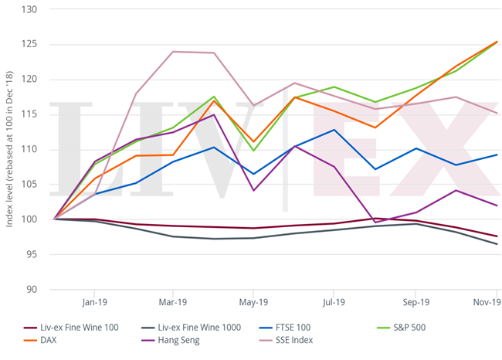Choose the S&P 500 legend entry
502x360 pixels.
pyautogui.click(x=407, y=328)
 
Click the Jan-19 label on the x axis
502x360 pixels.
pyautogui.click(x=93, y=303)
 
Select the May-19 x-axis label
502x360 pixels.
pyautogui.click(x=253, y=303)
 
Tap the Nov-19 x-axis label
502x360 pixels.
pyautogui.click(x=487, y=303)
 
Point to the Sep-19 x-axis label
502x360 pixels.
pyautogui.click(x=416, y=303)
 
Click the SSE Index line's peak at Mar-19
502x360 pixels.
pyautogui.click(x=173, y=52)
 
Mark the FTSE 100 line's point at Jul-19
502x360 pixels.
pyautogui.click(x=334, y=130)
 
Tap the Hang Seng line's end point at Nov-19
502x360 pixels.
pyautogui.click(x=497, y=205)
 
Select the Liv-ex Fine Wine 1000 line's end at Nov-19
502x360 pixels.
pyautogui.click(x=497, y=244)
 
